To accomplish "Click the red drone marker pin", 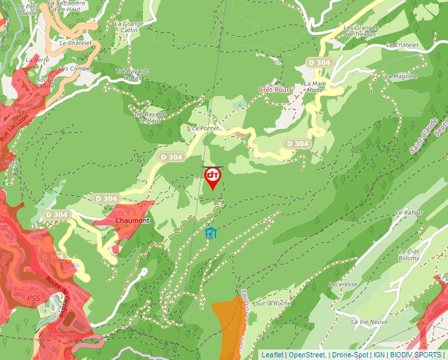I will (x=212, y=177).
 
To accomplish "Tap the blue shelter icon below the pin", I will (x=211, y=233).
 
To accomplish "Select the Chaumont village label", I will (x=132, y=220).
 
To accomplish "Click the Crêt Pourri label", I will (x=276, y=89).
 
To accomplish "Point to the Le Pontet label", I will (x=205, y=129).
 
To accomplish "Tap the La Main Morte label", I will (x=314, y=88).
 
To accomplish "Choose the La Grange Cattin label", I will (x=129, y=27).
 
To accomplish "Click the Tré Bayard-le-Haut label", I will (x=148, y=117).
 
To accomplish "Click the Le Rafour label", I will (x=408, y=213).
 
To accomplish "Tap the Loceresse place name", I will (x=343, y=284).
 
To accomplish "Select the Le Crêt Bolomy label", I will (x=408, y=255).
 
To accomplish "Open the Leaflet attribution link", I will (x=272, y=355).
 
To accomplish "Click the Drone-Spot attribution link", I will (x=349, y=355).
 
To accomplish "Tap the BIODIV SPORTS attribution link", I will (x=415, y=355).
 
